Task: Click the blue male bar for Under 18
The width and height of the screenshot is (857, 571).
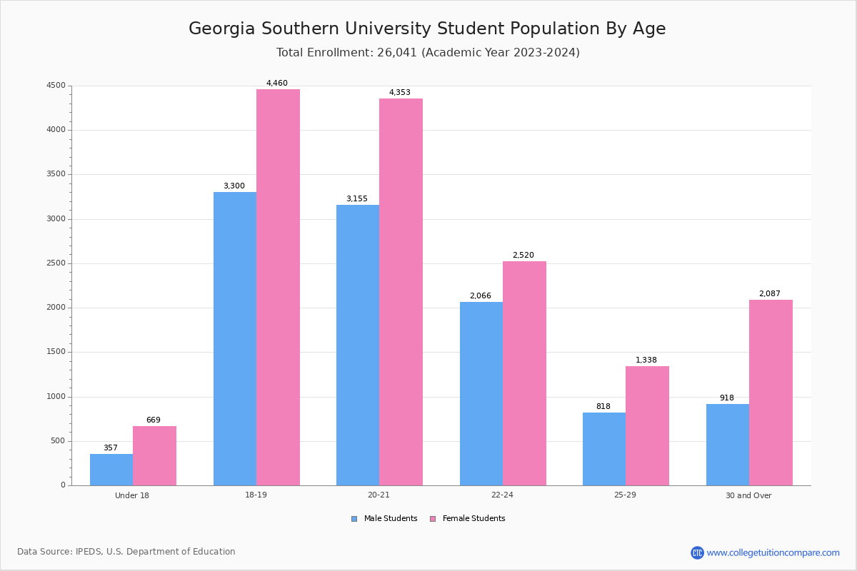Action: pos(111,470)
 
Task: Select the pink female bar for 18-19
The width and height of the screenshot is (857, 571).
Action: pos(278,287)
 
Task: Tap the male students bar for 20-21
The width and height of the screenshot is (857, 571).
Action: pos(358,345)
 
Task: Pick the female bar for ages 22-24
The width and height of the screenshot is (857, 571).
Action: pos(524,373)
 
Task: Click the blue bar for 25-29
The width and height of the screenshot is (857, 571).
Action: pos(604,449)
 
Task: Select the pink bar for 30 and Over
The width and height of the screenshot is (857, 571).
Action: pos(771,393)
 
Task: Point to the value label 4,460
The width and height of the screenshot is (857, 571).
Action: pos(277,84)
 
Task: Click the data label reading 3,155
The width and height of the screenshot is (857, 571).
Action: pos(357,199)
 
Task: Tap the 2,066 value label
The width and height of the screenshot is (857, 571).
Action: pos(481,296)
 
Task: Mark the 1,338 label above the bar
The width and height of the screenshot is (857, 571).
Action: pos(646,360)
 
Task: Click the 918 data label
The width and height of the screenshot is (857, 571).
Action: pos(727,398)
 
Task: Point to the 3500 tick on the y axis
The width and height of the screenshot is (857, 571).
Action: pos(56,174)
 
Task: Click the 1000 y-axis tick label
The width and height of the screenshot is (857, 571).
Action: pos(56,397)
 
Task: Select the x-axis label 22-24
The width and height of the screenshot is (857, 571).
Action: pos(502,495)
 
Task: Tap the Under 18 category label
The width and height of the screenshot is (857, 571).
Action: pos(132,495)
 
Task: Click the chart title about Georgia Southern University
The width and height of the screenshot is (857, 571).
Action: pos(427,29)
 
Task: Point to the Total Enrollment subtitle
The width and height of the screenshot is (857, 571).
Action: pos(428,53)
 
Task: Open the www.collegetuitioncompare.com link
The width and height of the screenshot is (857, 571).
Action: pos(773,552)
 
